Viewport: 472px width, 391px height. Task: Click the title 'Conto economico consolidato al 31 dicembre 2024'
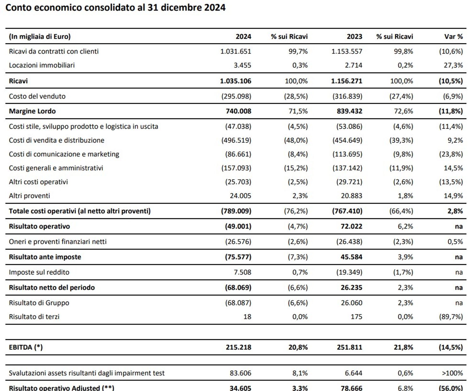(x=115, y=8)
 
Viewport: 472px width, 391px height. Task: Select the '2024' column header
(x=243, y=36)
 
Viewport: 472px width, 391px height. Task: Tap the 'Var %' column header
(x=453, y=36)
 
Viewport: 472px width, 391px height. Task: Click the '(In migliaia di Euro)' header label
(x=40, y=36)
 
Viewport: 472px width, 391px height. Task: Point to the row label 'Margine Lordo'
(x=32, y=111)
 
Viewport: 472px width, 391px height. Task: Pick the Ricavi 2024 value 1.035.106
(x=235, y=81)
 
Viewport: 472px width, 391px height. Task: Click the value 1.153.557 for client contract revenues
(x=346, y=51)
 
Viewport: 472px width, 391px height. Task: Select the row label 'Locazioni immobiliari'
(x=42, y=65)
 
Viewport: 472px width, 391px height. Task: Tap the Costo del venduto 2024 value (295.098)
(x=236, y=96)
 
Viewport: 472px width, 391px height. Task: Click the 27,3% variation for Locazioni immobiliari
(x=453, y=65)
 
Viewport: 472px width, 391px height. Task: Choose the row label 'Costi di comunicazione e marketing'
(x=64, y=154)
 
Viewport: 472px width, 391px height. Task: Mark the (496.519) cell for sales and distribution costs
(x=236, y=140)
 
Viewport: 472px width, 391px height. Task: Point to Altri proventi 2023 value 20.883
(x=351, y=196)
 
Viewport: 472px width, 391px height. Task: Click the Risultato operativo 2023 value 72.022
(x=351, y=226)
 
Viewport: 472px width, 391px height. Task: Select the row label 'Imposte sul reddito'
(x=39, y=272)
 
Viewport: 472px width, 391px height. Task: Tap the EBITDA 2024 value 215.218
(x=238, y=347)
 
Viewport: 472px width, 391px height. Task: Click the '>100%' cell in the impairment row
(x=452, y=373)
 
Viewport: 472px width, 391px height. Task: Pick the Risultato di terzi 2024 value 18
(x=247, y=316)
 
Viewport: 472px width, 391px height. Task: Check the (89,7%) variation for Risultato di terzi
(x=451, y=316)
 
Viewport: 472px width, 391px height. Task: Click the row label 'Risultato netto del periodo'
(x=52, y=288)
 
